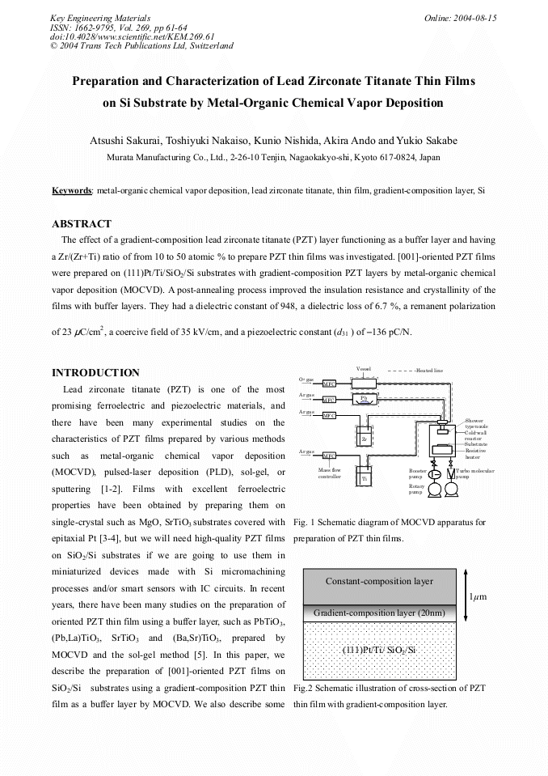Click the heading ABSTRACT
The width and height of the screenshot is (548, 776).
pos(82,223)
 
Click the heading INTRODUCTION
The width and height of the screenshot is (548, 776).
pos(95,373)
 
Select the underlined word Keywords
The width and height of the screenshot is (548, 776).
pos(72,190)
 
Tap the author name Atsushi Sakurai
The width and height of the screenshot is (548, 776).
pos(124,141)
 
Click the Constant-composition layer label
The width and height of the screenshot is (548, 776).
pos(379,581)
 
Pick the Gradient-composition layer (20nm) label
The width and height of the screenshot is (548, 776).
pos(379,613)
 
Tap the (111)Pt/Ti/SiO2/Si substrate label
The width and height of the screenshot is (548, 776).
pos(379,649)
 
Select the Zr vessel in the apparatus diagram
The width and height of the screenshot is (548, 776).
pos(365,439)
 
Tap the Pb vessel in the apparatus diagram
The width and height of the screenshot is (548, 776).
pos(365,398)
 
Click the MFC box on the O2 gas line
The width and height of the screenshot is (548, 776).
pos(329,384)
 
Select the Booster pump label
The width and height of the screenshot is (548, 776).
pos(418,473)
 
